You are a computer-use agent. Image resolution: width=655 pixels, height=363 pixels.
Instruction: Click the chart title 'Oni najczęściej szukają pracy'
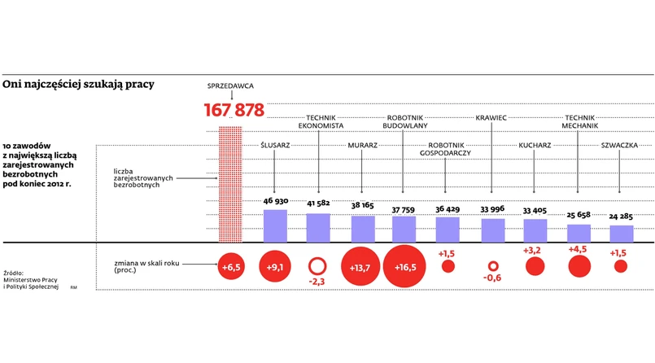point(78,84)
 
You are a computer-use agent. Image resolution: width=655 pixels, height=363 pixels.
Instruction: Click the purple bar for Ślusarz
point(275,226)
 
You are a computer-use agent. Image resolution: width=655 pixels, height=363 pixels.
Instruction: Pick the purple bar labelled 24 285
point(622,234)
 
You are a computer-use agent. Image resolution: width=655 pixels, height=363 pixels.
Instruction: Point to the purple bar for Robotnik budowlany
point(404,230)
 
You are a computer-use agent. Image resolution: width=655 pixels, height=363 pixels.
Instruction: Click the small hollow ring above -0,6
point(492,266)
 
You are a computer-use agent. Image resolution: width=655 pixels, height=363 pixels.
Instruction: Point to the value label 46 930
point(275,202)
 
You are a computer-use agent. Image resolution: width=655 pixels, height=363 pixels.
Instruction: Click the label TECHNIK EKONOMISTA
point(320,122)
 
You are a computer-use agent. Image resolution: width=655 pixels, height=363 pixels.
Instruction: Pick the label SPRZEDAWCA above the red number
point(232,84)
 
